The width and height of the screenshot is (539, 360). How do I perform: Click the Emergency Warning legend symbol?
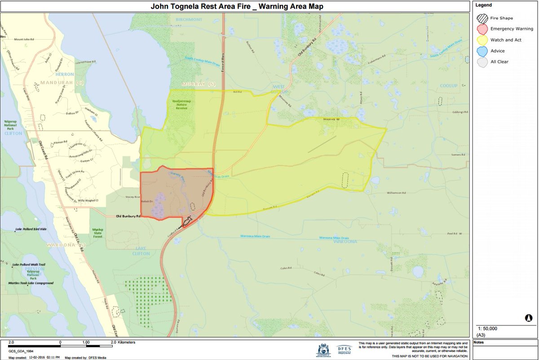[x=482, y=29]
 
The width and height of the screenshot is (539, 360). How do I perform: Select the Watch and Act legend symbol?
[x=482, y=40]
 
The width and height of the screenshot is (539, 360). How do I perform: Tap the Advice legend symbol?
[x=482, y=51]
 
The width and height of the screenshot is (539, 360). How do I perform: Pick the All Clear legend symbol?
[x=482, y=62]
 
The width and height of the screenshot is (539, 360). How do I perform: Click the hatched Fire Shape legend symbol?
[x=482, y=18]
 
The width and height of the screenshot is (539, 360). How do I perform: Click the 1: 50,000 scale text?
[x=488, y=329]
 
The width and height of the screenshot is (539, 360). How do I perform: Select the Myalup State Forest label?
[x=97, y=231]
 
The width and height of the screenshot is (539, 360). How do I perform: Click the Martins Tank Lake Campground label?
[x=31, y=283]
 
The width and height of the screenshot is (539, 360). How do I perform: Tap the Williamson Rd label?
[x=396, y=192]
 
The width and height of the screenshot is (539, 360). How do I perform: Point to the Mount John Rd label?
[x=25, y=40]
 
